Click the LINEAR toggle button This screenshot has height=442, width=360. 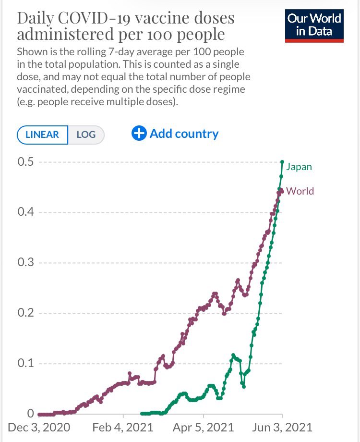coord(42,135)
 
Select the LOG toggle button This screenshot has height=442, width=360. coord(86,135)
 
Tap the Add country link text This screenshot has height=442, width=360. coord(184,134)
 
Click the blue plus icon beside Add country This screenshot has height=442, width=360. coord(139,134)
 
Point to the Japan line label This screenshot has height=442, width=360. coord(299,167)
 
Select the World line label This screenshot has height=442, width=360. coord(300,191)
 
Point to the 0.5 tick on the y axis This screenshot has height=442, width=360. coord(26,162)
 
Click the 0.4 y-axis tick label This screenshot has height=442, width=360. coord(26,212)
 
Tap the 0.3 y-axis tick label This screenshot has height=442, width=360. coord(26,263)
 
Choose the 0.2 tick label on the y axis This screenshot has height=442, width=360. coord(26,313)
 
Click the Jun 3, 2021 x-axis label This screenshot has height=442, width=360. coord(283,427)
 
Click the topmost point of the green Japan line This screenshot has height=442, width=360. coord(282,162)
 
